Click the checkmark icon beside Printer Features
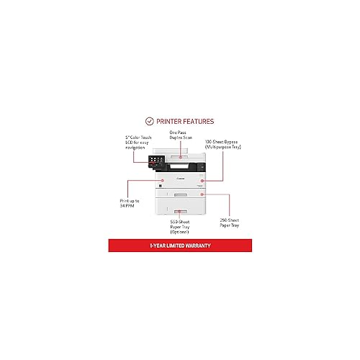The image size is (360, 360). click(150, 121)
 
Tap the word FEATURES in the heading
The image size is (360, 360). click(200, 121)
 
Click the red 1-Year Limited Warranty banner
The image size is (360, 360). click(180, 247)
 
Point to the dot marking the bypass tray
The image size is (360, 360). click(203, 180)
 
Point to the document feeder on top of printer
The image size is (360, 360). click(181, 152)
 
